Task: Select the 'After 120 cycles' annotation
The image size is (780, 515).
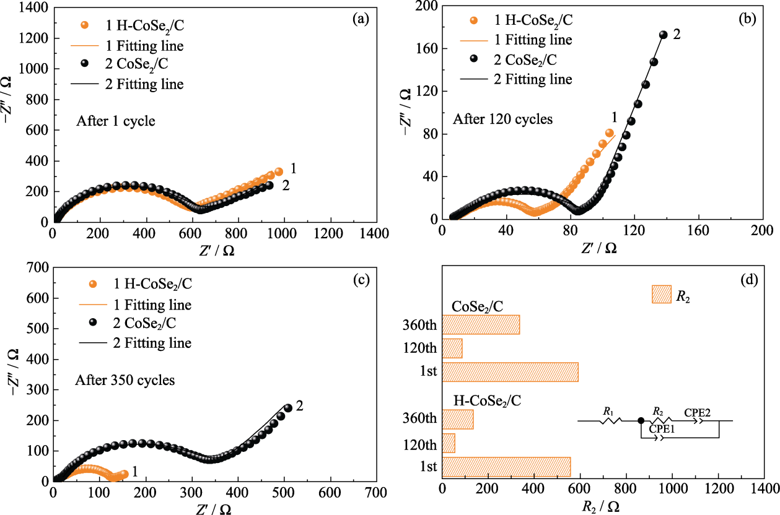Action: pyautogui.click(x=502, y=118)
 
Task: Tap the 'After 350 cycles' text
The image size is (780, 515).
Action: pyautogui.click(x=125, y=380)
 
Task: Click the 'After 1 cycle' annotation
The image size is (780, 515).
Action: pyautogui.click(x=115, y=121)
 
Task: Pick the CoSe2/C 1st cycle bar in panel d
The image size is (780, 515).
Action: pyautogui.click(x=510, y=372)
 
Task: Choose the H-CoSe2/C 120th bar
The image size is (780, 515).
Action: pyautogui.click(x=449, y=443)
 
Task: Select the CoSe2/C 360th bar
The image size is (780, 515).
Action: pyautogui.click(x=481, y=325)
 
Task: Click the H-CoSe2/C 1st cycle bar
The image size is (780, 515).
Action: pyautogui.click(x=506, y=467)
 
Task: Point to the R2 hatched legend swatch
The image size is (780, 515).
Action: pyautogui.click(x=662, y=295)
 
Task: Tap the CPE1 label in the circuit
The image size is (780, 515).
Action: pyautogui.click(x=662, y=428)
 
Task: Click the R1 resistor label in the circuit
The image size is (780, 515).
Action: pyautogui.click(x=609, y=410)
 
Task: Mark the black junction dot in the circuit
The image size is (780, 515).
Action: pyautogui.click(x=641, y=421)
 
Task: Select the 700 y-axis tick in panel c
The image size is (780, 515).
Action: pyautogui.click(x=39, y=268)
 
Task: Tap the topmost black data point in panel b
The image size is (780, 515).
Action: pyautogui.click(x=664, y=35)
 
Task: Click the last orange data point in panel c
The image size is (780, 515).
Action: pyautogui.click(x=124, y=474)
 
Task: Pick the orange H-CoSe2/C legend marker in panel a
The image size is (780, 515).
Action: pyautogui.click(x=85, y=26)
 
